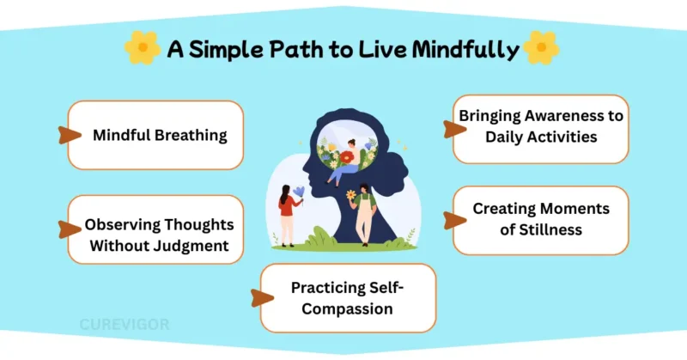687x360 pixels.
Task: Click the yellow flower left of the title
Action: point(142,49)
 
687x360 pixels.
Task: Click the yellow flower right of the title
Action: point(542,49)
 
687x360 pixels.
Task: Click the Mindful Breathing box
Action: point(155,135)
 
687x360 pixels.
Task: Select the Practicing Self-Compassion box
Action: point(348,298)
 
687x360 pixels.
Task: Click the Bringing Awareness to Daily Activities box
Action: point(540,129)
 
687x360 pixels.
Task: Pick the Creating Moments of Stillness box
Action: point(540,220)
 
